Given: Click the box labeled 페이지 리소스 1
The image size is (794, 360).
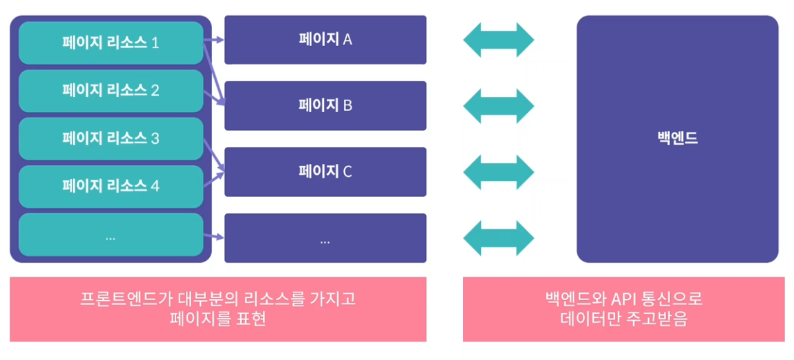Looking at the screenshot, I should pyautogui.click(x=111, y=43).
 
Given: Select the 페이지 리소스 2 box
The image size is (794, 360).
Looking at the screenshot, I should pyautogui.click(x=111, y=90).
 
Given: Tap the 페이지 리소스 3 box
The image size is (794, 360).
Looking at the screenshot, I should pyautogui.click(x=111, y=138).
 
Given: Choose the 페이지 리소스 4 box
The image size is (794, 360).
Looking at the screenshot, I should pyautogui.click(x=111, y=186).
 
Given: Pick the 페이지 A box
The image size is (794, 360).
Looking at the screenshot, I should pyautogui.click(x=325, y=39).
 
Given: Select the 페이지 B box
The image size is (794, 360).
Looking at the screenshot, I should pyautogui.click(x=325, y=105).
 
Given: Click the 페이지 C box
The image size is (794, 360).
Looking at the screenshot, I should pyautogui.click(x=325, y=171).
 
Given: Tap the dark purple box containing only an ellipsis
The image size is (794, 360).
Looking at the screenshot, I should pyautogui.click(x=325, y=239).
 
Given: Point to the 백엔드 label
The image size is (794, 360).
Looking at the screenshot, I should pyautogui.click(x=677, y=138).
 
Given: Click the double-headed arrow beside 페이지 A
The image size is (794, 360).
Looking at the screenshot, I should pyautogui.click(x=498, y=40).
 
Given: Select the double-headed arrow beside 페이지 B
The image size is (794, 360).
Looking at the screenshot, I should pyautogui.click(x=498, y=106).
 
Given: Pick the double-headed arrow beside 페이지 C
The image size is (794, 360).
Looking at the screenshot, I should pyautogui.click(x=498, y=172).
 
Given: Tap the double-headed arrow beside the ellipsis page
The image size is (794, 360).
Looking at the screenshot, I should pyautogui.click(x=498, y=238).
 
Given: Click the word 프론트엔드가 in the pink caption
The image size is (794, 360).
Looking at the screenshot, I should pyautogui.click(x=113, y=299).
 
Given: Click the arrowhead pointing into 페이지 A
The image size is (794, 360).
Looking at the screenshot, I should pyautogui.click(x=220, y=40).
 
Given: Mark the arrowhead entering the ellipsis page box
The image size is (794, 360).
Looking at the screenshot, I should pyautogui.click(x=220, y=238).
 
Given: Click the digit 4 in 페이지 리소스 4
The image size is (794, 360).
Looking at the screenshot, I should pyautogui.click(x=155, y=186).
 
